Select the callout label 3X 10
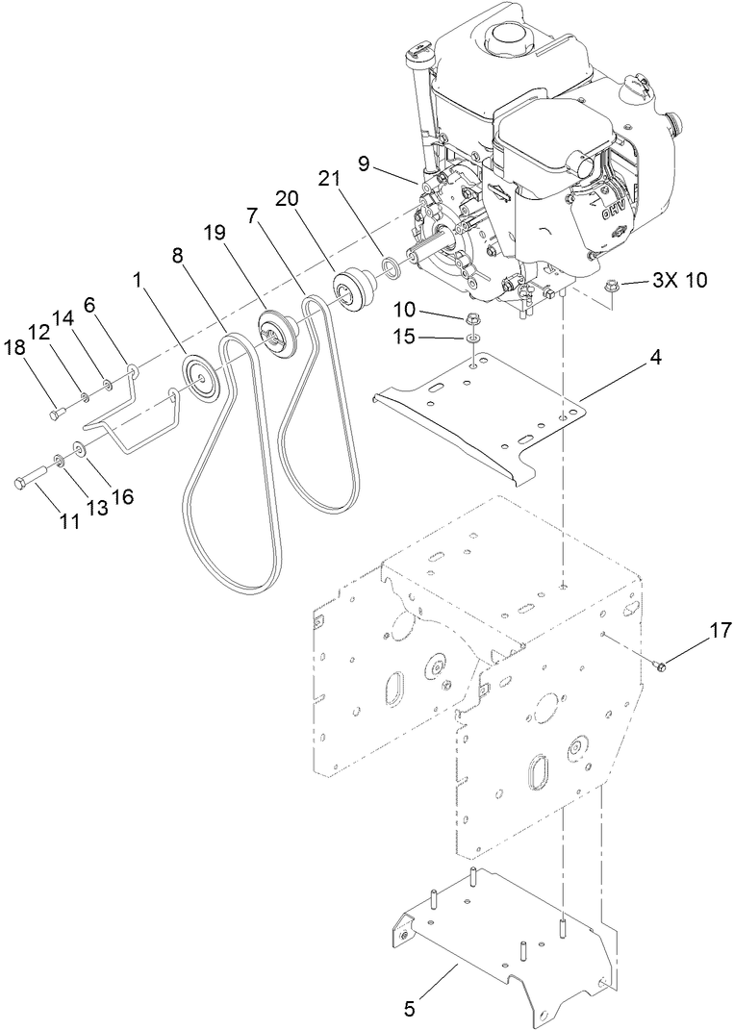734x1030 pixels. point(678,281)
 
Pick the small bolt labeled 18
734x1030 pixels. point(55,414)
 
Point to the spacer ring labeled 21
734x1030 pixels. point(390,266)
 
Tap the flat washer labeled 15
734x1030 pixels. point(472,339)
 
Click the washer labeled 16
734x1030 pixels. point(78,449)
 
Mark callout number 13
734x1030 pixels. point(97,507)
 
